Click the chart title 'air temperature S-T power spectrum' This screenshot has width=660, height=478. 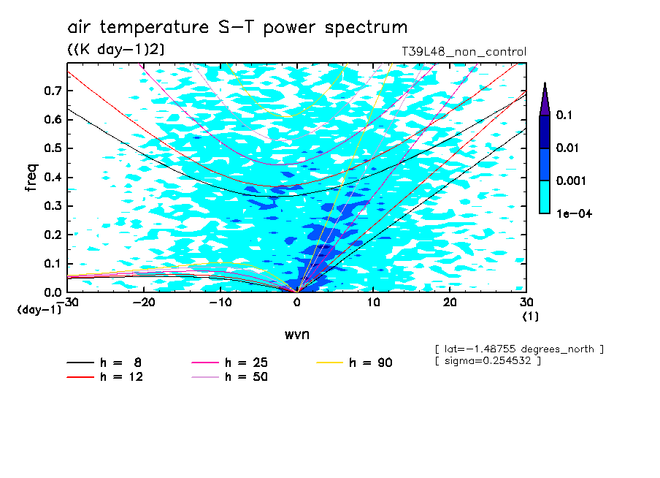(237, 28)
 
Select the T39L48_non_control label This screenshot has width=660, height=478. (464, 52)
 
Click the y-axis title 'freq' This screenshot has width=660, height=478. (31, 177)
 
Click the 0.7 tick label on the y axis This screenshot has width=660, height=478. (52, 91)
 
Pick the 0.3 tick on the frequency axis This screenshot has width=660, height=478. (52, 206)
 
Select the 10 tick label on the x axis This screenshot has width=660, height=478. (373, 302)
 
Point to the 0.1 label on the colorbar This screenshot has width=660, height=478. (563, 115)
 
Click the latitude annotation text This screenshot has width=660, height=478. (519, 349)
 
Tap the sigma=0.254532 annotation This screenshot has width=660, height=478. (488, 361)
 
